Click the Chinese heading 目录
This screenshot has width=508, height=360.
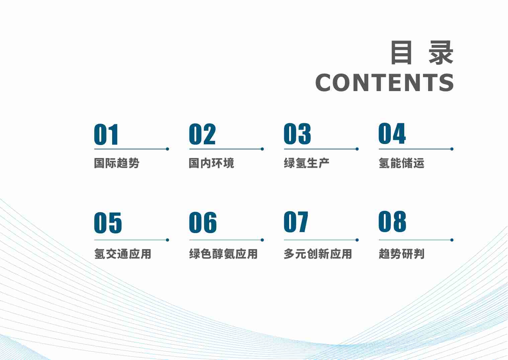[x=422, y=53]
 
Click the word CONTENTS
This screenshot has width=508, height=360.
[x=385, y=83]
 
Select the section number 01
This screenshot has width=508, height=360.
[x=106, y=135]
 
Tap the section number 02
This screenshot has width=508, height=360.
[x=202, y=134]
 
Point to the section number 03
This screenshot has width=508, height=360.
[x=297, y=134]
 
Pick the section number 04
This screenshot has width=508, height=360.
[x=392, y=134]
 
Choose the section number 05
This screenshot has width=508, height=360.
[x=108, y=223]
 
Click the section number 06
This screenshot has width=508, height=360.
[x=203, y=222]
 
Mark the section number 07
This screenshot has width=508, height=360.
[x=296, y=222]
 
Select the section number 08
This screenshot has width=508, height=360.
[x=392, y=222]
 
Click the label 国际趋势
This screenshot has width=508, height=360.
[x=117, y=163]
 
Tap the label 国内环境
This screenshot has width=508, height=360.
[x=211, y=163]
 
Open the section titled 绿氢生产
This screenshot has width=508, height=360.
[x=307, y=163]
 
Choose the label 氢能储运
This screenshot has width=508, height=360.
[x=402, y=163]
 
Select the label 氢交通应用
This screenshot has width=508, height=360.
[x=123, y=254]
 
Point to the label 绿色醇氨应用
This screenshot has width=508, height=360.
[x=224, y=254]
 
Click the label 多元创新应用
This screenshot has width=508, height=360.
[x=318, y=254]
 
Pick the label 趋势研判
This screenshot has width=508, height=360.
[x=402, y=254]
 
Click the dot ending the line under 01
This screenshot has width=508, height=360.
[x=167, y=149]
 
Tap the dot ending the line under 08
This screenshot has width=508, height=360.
[x=452, y=240]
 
